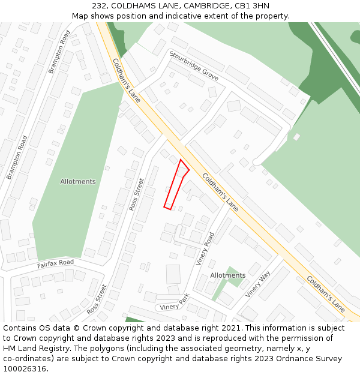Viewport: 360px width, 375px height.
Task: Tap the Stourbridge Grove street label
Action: [x=194, y=67]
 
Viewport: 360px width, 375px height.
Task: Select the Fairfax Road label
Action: [x=55, y=263]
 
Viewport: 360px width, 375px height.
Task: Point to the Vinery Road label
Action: [x=205, y=248]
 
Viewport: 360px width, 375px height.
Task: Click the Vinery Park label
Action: [x=175, y=302]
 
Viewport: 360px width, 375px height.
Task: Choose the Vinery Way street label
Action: [x=258, y=284]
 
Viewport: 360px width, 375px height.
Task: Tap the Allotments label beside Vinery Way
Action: [x=227, y=275]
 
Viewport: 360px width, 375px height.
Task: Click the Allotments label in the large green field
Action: [x=78, y=181]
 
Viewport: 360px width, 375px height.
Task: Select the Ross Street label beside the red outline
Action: [x=137, y=194]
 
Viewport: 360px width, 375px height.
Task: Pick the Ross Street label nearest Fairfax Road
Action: [x=96, y=299]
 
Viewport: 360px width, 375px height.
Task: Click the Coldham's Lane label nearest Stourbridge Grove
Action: [x=126, y=80]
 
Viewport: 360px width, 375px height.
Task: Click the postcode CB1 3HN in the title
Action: [x=251, y=6]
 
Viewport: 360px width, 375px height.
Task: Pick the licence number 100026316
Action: [x=24, y=369]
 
